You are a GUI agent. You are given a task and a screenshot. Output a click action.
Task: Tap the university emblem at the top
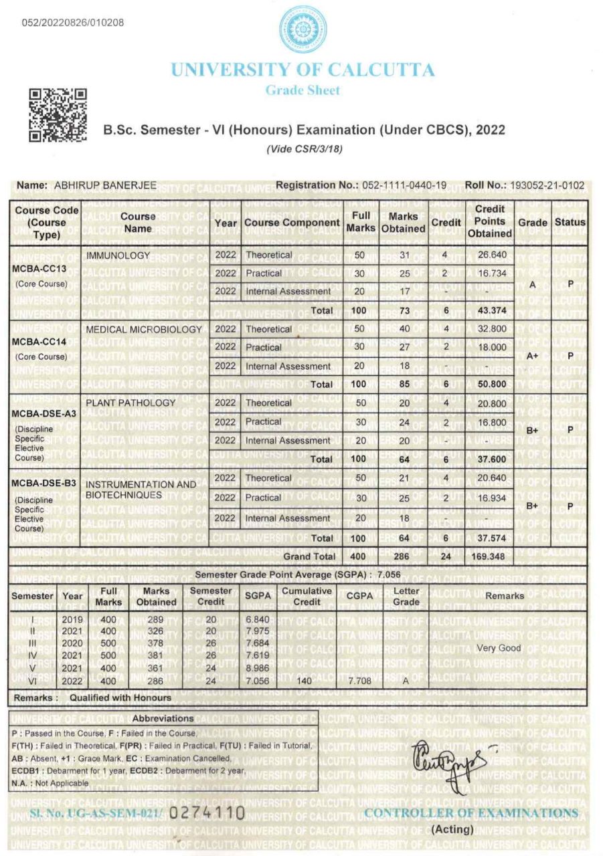(303, 29)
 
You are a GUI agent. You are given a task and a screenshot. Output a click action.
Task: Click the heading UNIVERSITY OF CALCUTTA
(303, 70)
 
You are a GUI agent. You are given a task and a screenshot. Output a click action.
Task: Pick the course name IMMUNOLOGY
(118, 255)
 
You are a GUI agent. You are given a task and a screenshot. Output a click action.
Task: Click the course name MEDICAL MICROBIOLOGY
(144, 329)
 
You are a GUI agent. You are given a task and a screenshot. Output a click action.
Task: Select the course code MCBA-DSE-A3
(44, 413)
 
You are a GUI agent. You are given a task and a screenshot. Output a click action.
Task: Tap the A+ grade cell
(532, 356)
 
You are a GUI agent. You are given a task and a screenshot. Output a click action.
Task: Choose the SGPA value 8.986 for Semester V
(258, 669)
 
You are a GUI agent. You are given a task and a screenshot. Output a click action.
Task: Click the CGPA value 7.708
(360, 681)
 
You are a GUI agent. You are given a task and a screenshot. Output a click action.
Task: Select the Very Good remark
(499, 648)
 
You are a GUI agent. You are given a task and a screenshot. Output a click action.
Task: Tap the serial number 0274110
(207, 813)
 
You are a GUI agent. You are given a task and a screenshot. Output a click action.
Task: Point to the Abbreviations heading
(163, 718)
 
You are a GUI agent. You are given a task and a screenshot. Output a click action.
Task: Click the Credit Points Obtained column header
(490, 222)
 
